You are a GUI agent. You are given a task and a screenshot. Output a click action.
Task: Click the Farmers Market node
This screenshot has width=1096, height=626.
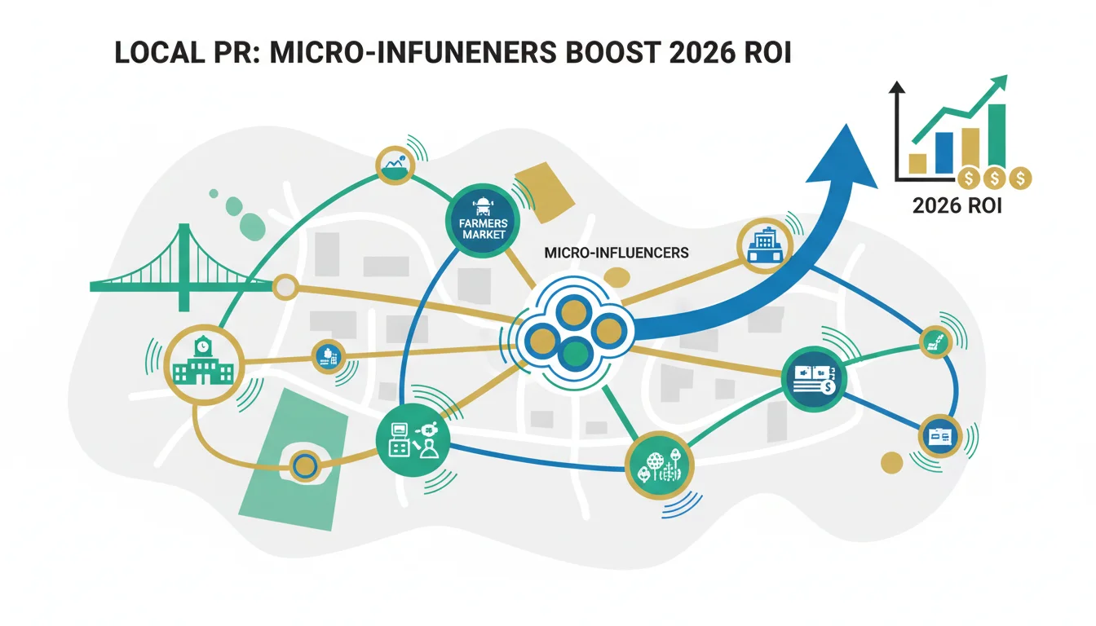tap(483, 221)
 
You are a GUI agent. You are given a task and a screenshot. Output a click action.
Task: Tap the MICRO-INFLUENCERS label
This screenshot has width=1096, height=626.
tap(616, 253)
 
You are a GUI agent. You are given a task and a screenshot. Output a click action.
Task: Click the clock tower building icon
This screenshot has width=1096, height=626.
tap(204, 365)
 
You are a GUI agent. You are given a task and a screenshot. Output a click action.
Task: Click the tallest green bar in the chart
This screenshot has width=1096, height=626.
tap(997, 136)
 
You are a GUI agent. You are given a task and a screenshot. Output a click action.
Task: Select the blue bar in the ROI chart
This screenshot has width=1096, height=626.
tap(944, 153)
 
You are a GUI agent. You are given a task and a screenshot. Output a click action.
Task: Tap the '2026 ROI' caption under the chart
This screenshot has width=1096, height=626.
tap(957, 206)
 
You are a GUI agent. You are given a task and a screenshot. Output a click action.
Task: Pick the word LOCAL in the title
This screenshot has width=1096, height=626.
tap(160, 52)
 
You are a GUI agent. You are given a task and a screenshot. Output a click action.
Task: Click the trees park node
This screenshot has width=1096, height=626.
tap(660, 465)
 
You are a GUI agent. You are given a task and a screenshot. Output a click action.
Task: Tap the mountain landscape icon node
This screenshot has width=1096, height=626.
tap(396, 165)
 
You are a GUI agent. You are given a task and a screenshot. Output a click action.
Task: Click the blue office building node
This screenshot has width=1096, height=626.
tap(765, 246)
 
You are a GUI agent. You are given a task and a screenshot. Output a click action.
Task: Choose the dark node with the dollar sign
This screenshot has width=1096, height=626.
tap(813, 379)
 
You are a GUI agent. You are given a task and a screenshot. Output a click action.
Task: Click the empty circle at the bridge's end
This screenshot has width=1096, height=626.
tap(285, 287)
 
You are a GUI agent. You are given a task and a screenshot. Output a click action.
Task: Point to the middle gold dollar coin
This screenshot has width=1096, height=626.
tap(994, 179)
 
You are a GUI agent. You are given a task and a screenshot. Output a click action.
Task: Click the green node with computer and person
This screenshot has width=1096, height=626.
tap(413, 440)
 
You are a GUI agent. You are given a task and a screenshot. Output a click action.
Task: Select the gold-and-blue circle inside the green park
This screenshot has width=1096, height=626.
tap(305, 466)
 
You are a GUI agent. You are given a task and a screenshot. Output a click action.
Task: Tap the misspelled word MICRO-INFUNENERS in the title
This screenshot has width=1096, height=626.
tap(413, 52)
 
